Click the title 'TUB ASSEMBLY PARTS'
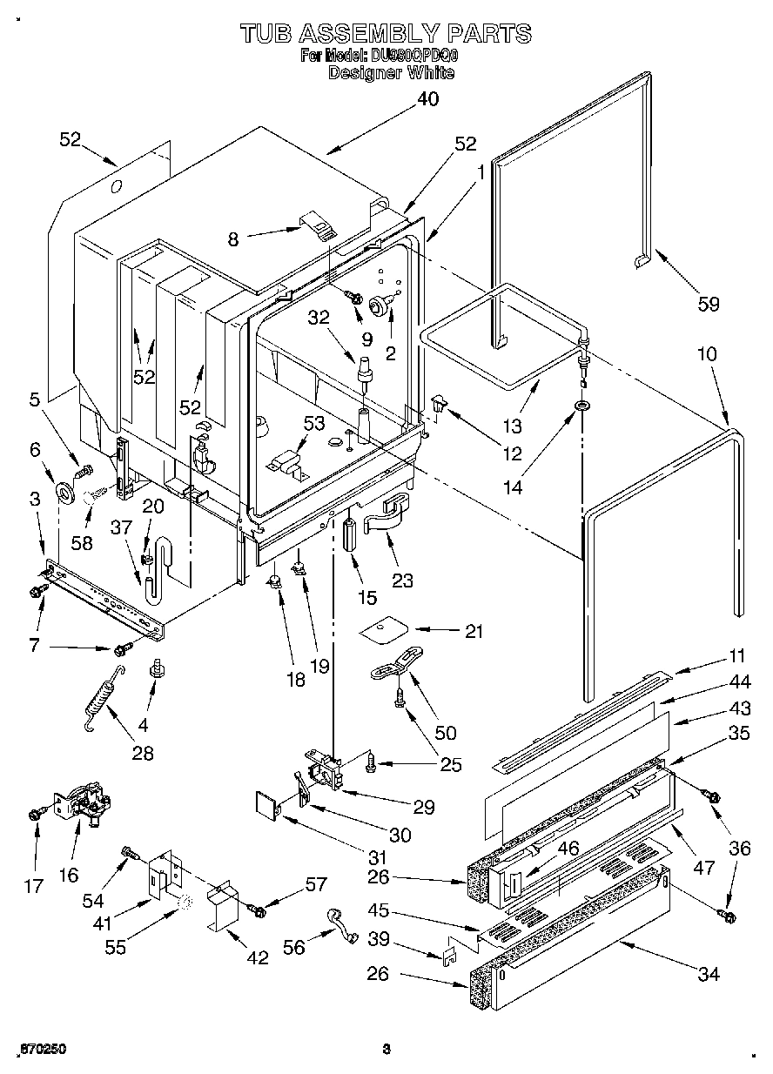[385, 33]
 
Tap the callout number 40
[427, 98]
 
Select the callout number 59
[709, 303]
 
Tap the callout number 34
[709, 974]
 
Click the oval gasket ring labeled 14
[581, 406]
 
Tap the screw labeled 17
[36, 813]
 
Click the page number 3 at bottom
[386, 1049]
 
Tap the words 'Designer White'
[391, 73]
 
